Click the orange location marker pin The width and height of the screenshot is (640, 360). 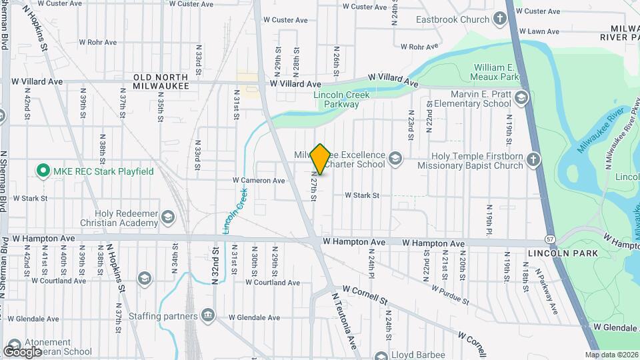point(320,159)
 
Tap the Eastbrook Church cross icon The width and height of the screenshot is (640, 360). point(501,19)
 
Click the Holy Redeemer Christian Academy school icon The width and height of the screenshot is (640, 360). point(167,218)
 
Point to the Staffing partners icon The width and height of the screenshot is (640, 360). point(208,315)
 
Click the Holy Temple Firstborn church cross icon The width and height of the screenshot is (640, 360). point(532,159)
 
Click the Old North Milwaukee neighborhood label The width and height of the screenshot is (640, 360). point(161,82)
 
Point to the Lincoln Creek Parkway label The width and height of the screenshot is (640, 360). point(341,99)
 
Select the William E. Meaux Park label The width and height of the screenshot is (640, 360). point(502,72)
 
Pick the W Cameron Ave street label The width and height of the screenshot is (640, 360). point(259,181)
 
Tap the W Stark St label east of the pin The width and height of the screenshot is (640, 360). point(361,195)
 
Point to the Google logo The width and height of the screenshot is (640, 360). point(22,351)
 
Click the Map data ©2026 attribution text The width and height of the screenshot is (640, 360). point(611,355)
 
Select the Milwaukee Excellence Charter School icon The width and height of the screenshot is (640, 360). point(395,158)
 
